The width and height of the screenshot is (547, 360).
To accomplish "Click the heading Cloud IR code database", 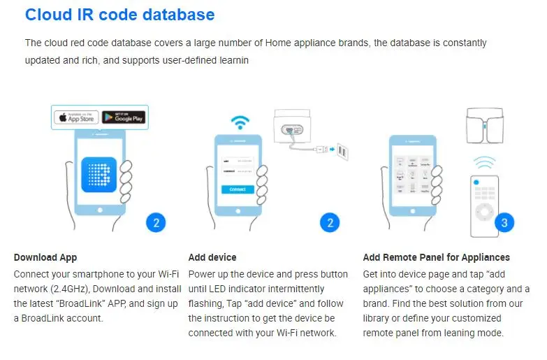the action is pos(119,14).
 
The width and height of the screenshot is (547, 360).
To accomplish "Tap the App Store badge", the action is pos(76,117).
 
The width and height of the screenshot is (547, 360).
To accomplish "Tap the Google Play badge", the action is pos(123,117).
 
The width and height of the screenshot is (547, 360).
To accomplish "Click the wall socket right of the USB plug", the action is pos(342,150).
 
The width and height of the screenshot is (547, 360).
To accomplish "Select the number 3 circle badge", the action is pos(504,223).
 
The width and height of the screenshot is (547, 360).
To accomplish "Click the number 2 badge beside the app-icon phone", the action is pos(156,223).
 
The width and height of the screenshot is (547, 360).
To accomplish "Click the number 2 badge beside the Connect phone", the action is pos(330,223).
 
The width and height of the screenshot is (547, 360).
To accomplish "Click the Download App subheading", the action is pos(45,257).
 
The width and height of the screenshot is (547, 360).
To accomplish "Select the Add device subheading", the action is pos(212,257).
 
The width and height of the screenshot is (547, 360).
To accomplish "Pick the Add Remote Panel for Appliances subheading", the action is pos(436,257).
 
